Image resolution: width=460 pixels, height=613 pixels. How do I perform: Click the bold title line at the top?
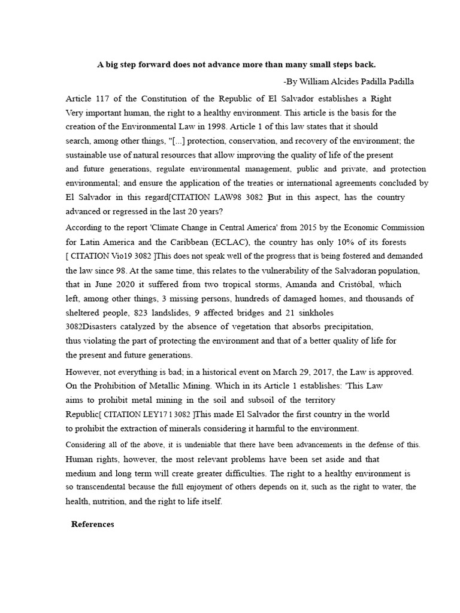(237, 65)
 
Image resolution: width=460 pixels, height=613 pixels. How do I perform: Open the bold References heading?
(92, 524)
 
